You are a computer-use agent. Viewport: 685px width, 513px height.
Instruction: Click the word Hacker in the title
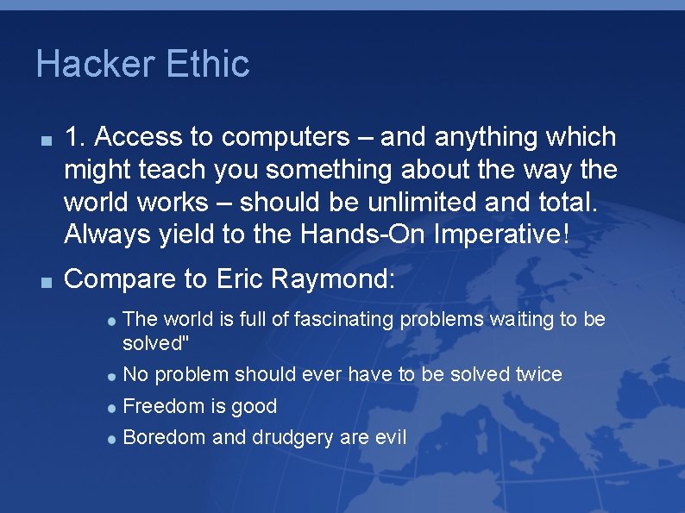tap(93, 65)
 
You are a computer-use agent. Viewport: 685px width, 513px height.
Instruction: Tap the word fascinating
tap(342, 320)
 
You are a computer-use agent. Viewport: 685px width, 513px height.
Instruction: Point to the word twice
tap(538, 375)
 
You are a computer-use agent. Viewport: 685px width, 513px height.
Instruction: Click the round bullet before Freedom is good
tap(112, 408)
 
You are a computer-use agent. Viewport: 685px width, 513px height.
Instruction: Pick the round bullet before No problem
tap(112, 377)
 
